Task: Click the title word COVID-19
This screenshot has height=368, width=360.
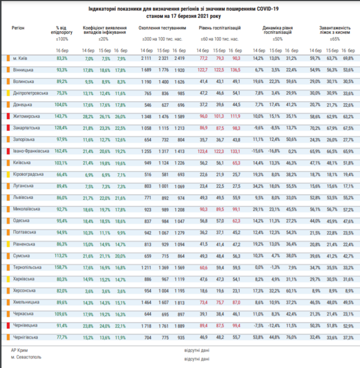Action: pyautogui.click(x=267, y=9)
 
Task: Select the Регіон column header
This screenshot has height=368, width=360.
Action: pyautogui.click(x=18, y=28)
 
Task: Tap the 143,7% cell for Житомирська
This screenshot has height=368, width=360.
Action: pyautogui.click(x=62, y=116)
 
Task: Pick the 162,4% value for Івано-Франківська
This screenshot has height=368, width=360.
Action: pyautogui.click(x=62, y=151)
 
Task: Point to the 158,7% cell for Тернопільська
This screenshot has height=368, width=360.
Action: pyautogui.click(x=62, y=267)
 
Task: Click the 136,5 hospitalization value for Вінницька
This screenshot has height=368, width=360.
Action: pyautogui.click(x=235, y=69)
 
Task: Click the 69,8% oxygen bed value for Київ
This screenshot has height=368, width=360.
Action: pyautogui.click(x=348, y=58)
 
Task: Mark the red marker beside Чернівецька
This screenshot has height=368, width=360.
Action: pyautogui.click(x=8, y=326)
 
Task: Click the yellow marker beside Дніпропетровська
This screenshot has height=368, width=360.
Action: pyautogui.click(x=8, y=93)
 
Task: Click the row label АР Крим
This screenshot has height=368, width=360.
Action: pyautogui.click(x=20, y=350)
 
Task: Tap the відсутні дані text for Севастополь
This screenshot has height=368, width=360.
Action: pyautogui.click(x=197, y=358)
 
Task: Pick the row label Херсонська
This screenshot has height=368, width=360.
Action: pyautogui.click(x=23, y=291)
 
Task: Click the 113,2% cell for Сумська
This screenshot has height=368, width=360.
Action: pyautogui.click(x=62, y=256)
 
